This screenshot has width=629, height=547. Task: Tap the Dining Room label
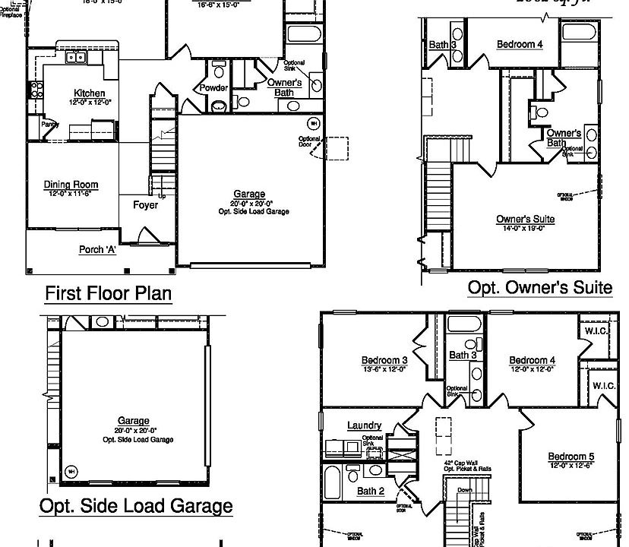(x=71, y=185)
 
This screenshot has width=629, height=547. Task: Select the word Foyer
(x=145, y=205)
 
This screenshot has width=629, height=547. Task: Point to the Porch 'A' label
(x=97, y=249)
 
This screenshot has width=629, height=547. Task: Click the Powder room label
(x=213, y=88)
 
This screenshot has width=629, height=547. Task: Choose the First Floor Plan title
(x=109, y=292)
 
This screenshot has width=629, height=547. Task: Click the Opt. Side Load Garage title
(x=136, y=505)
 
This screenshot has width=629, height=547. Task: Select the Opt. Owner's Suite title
(x=539, y=287)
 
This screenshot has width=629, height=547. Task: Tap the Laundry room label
(x=364, y=425)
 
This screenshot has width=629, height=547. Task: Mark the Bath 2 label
(x=371, y=491)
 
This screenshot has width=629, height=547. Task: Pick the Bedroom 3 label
(x=384, y=360)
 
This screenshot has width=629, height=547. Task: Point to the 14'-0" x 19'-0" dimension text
(x=525, y=228)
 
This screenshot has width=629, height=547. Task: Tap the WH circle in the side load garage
(x=71, y=470)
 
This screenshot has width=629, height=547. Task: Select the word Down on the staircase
(x=464, y=491)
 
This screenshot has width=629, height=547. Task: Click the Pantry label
(x=50, y=124)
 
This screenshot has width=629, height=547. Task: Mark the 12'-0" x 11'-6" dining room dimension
(x=71, y=193)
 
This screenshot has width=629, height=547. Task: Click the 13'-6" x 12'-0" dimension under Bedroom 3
(x=384, y=368)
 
